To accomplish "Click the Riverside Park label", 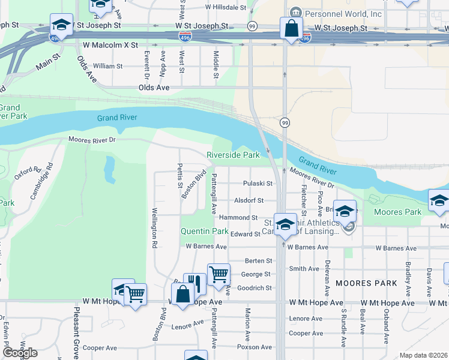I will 233,155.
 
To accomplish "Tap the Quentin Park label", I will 205,231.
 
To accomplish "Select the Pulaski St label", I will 258,184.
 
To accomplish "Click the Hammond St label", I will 238,218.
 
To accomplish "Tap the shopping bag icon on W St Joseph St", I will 291,28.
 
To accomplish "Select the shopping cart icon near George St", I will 218,274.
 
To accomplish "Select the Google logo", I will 20,353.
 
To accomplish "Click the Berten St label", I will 259,260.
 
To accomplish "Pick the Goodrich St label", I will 255,288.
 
